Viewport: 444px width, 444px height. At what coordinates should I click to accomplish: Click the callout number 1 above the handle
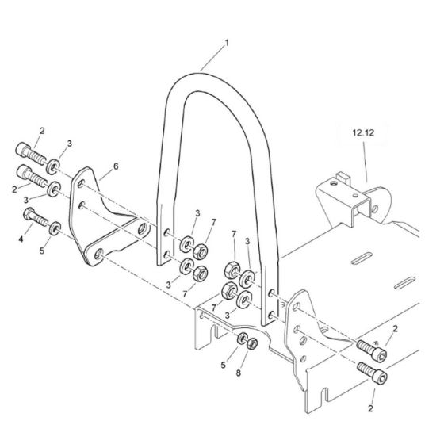tap(226, 43)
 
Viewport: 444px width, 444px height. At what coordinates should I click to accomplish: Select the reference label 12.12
tap(363, 132)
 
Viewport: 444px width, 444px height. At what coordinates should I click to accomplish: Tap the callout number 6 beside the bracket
tap(116, 166)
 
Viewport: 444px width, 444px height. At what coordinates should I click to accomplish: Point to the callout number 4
tap(21, 239)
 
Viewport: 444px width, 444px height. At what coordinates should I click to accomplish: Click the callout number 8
tap(239, 373)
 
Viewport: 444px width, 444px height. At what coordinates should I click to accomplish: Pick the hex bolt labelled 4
tap(35, 217)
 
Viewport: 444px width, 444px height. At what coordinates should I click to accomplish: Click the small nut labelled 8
tap(252, 344)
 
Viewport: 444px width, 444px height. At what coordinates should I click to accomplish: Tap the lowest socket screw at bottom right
tap(373, 373)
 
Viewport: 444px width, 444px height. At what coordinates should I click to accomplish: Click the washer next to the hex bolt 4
tap(55, 228)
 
